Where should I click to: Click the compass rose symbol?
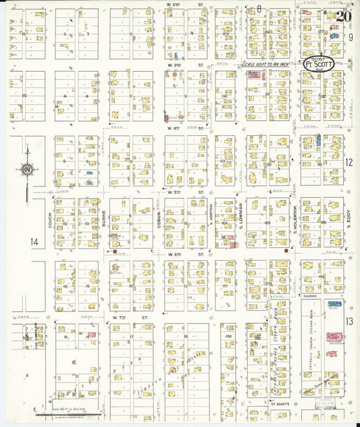click(x=26, y=171)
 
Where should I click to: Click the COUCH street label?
click(x=50, y=220)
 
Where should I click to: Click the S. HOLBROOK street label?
click(x=295, y=220)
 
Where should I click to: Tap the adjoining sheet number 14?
click(x=34, y=241)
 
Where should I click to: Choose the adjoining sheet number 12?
click(x=349, y=162)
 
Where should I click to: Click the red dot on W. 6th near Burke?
click(x=115, y=252)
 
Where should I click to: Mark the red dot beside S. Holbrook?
click(x=286, y=251)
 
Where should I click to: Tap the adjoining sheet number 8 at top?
click(x=259, y=8)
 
